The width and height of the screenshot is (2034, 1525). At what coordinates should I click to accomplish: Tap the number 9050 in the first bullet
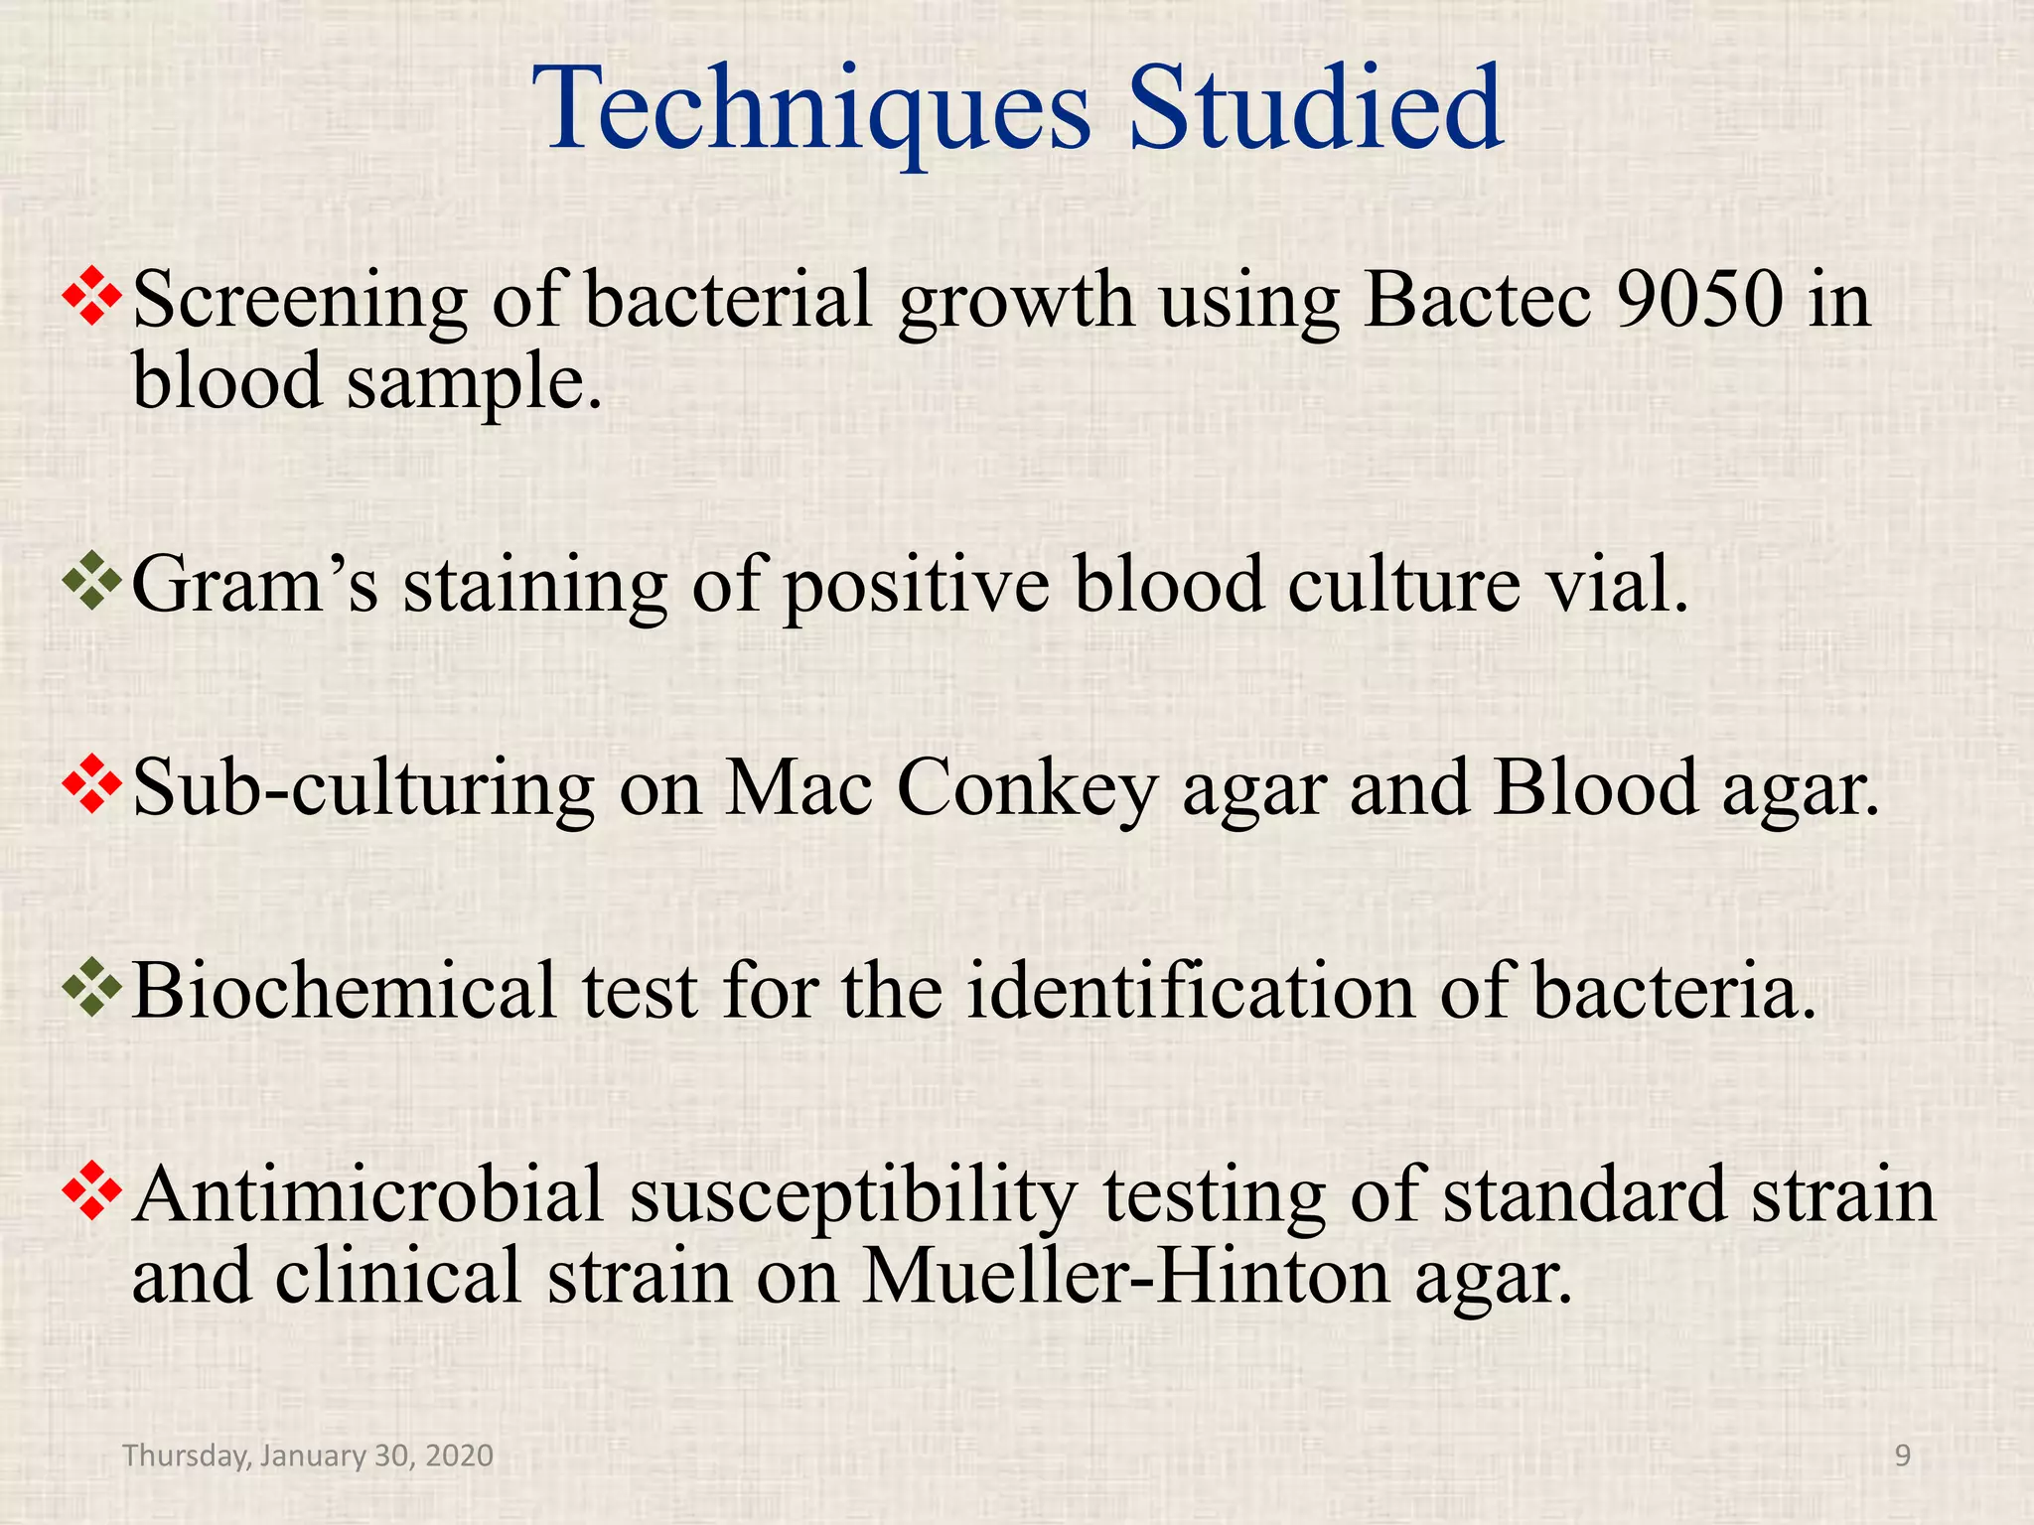coord(1699,300)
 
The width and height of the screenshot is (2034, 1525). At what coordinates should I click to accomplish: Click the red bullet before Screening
coord(91,296)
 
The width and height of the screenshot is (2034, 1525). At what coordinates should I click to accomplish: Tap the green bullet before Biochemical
coord(91,987)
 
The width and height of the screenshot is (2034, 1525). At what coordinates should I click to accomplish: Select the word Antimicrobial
coord(367,1195)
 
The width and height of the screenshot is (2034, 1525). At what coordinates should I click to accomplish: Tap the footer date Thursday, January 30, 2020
coord(308,1456)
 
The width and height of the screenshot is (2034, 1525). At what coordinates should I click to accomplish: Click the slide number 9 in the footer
coord(1903,1456)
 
